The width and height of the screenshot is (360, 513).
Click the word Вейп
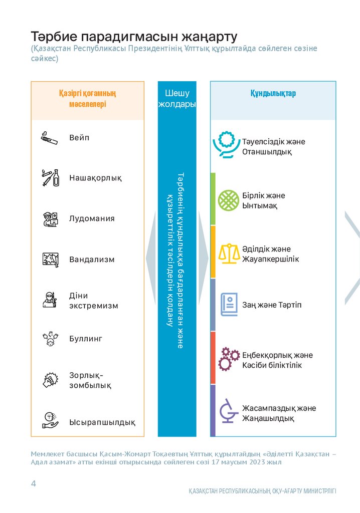(79, 138)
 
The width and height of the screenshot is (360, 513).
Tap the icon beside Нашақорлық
(50, 178)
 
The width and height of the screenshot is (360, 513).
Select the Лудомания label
(92, 218)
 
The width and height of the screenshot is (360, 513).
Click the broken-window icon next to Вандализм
(50, 260)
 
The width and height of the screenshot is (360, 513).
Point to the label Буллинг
(86, 339)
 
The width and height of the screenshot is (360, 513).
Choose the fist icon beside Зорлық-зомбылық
(50, 380)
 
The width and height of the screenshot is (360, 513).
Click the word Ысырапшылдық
(102, 422)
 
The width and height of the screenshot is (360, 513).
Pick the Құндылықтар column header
(273, 94)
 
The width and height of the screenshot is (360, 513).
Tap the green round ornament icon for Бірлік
(229, 200)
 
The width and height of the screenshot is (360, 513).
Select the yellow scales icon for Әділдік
(229, 253)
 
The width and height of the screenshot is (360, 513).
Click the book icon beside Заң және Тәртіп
(229, 305)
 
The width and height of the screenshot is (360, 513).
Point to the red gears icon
(229, 359)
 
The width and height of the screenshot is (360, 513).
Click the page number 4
(34, 483)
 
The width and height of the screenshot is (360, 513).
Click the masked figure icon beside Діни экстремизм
(50, 300)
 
